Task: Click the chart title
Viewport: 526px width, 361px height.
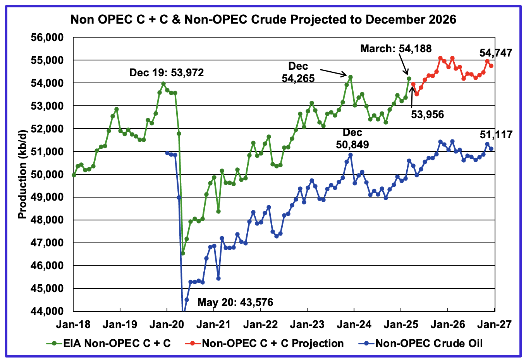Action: tap(263, 19)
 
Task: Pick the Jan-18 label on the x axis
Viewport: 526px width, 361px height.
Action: tap(73, 324)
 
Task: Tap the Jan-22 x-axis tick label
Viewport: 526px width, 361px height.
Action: tap(260, 324)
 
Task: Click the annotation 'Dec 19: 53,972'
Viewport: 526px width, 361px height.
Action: tap(167, 72)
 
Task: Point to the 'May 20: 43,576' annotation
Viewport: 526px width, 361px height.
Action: tap(235, 302)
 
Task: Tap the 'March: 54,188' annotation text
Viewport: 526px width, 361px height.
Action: tap(396, 48)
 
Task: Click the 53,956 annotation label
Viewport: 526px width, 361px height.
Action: tap(427, 114)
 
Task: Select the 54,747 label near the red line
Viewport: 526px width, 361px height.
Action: tap(496, 53)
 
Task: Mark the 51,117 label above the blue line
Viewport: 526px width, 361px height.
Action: tap(496, 135)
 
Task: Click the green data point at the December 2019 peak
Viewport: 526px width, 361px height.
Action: tap(163, 84)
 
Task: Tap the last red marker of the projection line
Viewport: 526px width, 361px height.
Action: tap(491, 66)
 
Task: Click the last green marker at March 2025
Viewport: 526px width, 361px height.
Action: tap(409, 79)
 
